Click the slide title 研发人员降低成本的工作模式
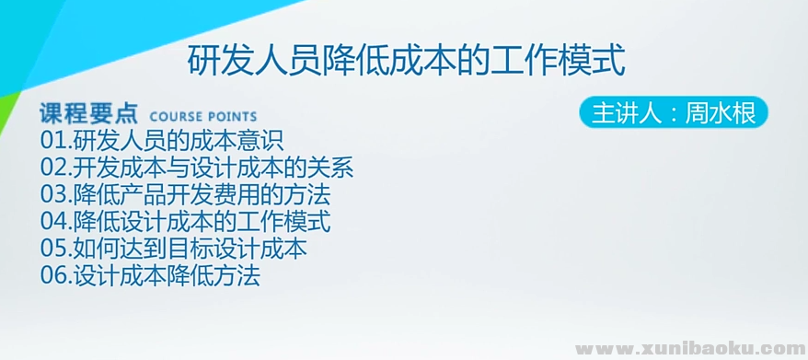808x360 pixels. (x=406, y=63)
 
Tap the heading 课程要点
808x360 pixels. (x=88, y=114)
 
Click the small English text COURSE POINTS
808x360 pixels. (x=202, y=117)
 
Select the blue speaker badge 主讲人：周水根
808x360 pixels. (x=673, y=113)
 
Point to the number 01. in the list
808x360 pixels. (x=56, y=142)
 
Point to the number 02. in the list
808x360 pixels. (x=56, y=168)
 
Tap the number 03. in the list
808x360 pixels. (x=56, y=195)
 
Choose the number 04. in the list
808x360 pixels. (x=56, y=222)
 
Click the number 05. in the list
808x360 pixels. (x=56, y=249)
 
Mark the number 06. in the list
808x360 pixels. (x=56, y=275)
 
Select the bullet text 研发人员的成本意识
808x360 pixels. (x=178, y=142)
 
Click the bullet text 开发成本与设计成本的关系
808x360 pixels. (x=213, y=168)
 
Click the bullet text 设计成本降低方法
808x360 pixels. (x=167, y=275)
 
